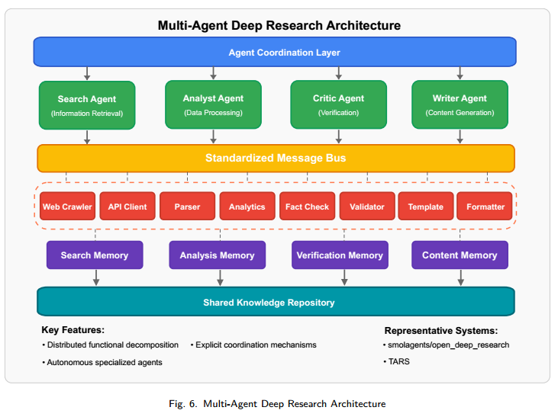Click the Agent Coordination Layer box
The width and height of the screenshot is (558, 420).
[275, 52]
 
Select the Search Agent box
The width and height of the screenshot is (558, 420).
[87, 105]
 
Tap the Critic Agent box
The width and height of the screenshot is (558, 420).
[338, 104]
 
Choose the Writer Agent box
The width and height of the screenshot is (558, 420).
[460, 104]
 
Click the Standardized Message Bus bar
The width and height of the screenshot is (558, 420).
[276, 158]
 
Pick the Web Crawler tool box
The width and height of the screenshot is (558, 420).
[68, 206]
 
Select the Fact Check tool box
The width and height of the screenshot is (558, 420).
[307, 206]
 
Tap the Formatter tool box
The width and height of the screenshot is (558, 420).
[484, 206]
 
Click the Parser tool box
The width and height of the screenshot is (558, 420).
[187, 206]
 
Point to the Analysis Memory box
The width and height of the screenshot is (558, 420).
[217, 255]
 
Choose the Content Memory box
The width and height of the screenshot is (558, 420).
[460, 255]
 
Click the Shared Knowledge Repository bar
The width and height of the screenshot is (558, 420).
[276, 302]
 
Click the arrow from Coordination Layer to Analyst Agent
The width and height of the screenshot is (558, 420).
[213, 73]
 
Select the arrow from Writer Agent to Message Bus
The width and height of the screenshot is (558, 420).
[460, 136]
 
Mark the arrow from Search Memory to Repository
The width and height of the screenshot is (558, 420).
[95, 277]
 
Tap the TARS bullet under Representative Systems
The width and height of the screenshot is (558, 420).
[396, 361]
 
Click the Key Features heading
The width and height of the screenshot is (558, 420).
[73, 330]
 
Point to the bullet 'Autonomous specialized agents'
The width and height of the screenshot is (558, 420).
[102, 362]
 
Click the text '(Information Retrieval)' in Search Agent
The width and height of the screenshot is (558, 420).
[87, 114]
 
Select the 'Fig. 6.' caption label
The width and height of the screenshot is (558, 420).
[183, 404]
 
